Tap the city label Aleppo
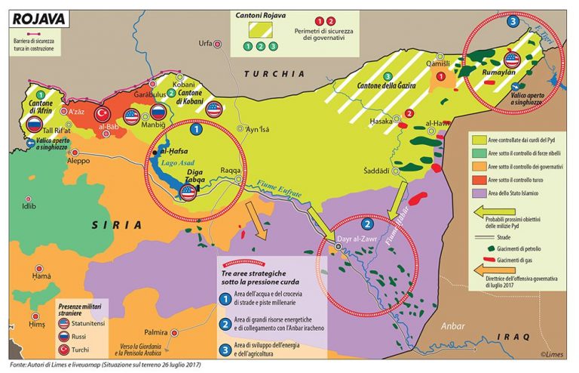[x=78, y=162]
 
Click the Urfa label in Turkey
[x=205, y=44]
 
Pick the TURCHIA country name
[x=275, y=74]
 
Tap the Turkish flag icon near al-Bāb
[x=103, y=115]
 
